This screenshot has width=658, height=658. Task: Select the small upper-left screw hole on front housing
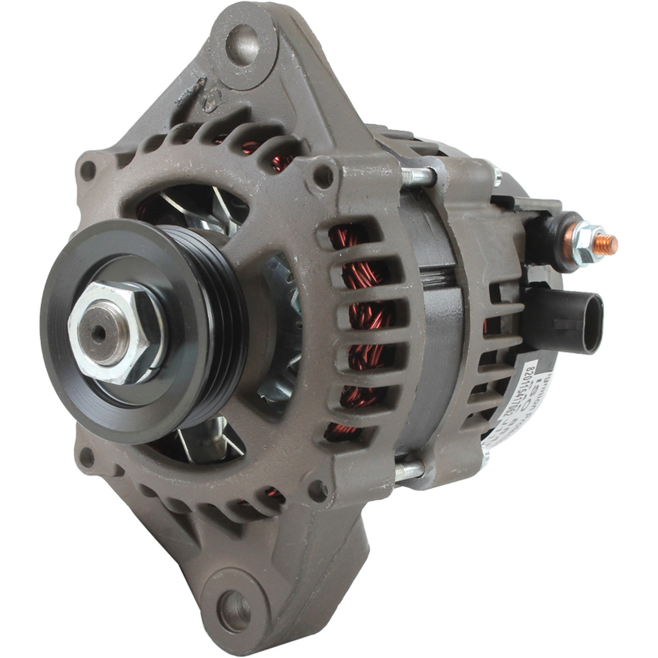point(88,169)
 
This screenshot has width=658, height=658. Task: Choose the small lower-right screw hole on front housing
point(318,491)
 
